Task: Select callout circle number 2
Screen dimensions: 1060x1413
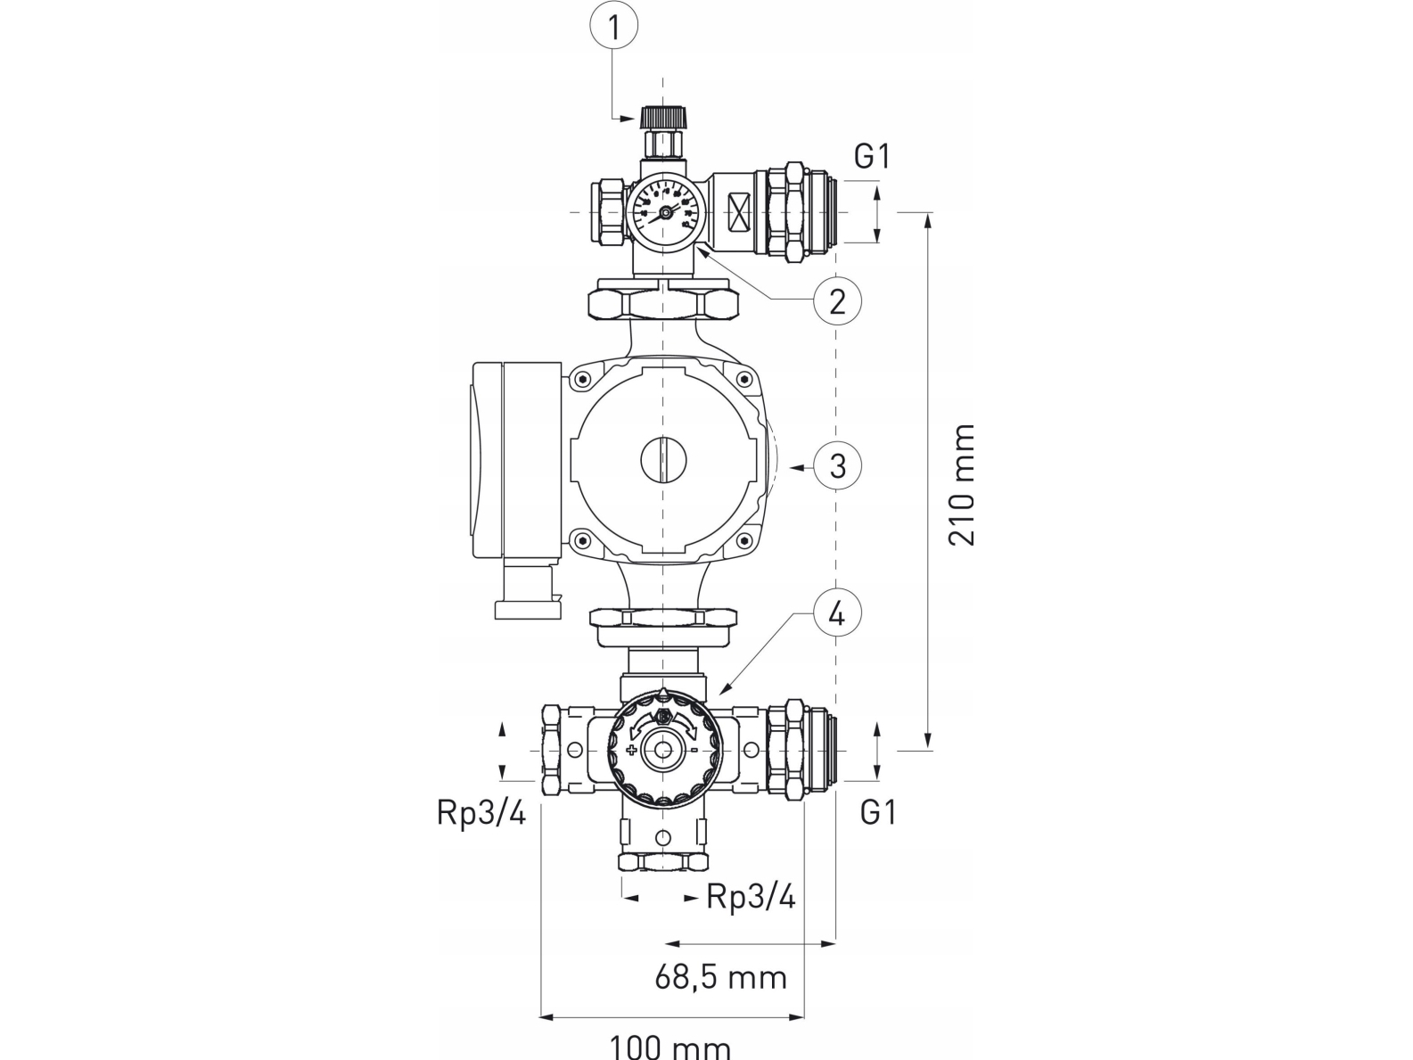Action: click(x=837, y=301)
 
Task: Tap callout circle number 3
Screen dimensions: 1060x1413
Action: click(x=837, y=465)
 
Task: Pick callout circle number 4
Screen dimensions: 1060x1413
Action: click(x=837, y=613)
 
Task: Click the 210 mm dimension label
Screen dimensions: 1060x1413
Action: click(x=962, y=485)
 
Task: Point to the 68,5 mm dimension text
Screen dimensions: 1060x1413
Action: click(x=721, y=977)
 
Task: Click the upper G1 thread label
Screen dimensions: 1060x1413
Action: click(x=873, y=157)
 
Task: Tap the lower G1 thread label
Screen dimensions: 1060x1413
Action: click(x=878, y=812)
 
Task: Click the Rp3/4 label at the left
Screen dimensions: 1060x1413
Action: click(x=481, y=813)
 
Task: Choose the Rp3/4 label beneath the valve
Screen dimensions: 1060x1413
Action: click(x=751, y=897)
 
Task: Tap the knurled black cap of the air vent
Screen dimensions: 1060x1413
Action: click(x=663, y=116)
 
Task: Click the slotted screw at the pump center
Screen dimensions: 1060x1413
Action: click(x=664, y=461)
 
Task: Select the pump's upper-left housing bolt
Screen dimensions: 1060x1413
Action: click(x=582, y=381)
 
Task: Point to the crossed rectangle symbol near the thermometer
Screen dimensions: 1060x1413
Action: click(x=737, y=213)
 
